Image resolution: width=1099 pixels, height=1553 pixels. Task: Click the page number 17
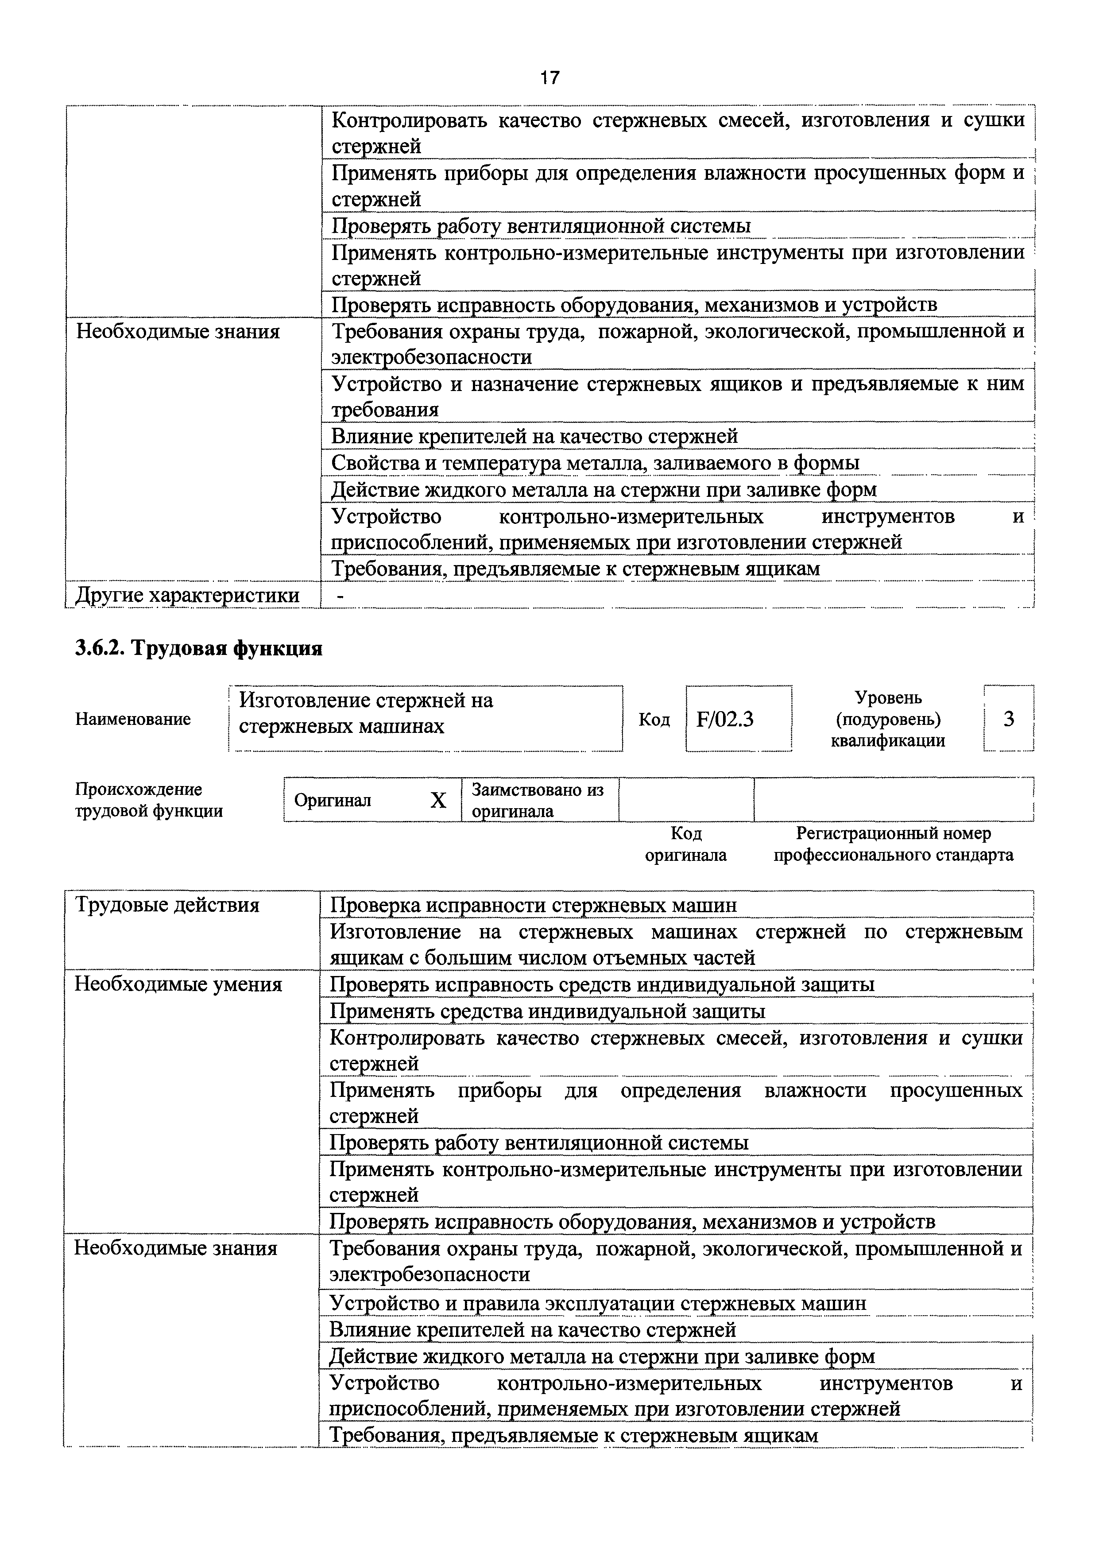[549, 78]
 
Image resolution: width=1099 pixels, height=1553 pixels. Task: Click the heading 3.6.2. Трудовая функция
[198, 648]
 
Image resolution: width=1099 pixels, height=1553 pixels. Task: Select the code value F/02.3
[725, 719]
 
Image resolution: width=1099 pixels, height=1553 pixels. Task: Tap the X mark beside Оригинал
[438, 801]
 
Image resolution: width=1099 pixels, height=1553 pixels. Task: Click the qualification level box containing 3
[1008, 719]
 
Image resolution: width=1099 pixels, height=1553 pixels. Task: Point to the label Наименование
[133, 719]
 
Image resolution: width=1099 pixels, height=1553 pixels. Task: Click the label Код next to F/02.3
[654, 719]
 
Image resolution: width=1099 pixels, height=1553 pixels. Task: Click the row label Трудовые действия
[166, 905]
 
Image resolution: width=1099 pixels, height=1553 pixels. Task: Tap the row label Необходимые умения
[177, 984]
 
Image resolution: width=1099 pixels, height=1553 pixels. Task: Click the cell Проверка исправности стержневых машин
[533, 905]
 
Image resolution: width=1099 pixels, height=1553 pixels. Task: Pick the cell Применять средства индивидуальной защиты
[547, 1011]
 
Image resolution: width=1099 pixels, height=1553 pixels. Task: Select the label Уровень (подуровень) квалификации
[888, 719]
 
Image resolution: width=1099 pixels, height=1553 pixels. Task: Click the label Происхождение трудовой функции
[148, 800]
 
